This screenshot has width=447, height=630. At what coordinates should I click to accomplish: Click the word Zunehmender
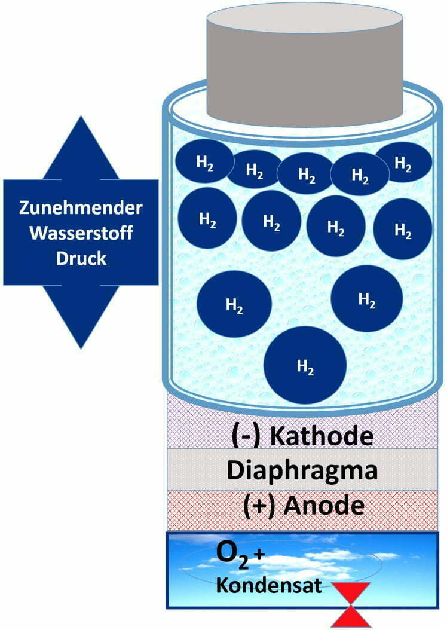(81, 209)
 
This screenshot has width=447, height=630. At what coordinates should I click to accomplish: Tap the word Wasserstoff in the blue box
(81, 234)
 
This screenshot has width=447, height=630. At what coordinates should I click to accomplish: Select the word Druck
(81, 259)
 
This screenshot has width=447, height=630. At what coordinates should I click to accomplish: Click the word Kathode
(322, 436)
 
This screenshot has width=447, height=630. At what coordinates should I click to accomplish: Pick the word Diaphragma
(302, 470)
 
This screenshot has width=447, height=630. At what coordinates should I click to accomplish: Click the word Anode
(324, 506)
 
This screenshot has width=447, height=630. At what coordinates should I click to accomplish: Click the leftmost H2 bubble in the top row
(204, 162)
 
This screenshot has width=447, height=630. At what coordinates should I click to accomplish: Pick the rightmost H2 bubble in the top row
(403, 162)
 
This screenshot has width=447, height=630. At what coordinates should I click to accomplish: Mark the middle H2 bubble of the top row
(306, 173)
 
